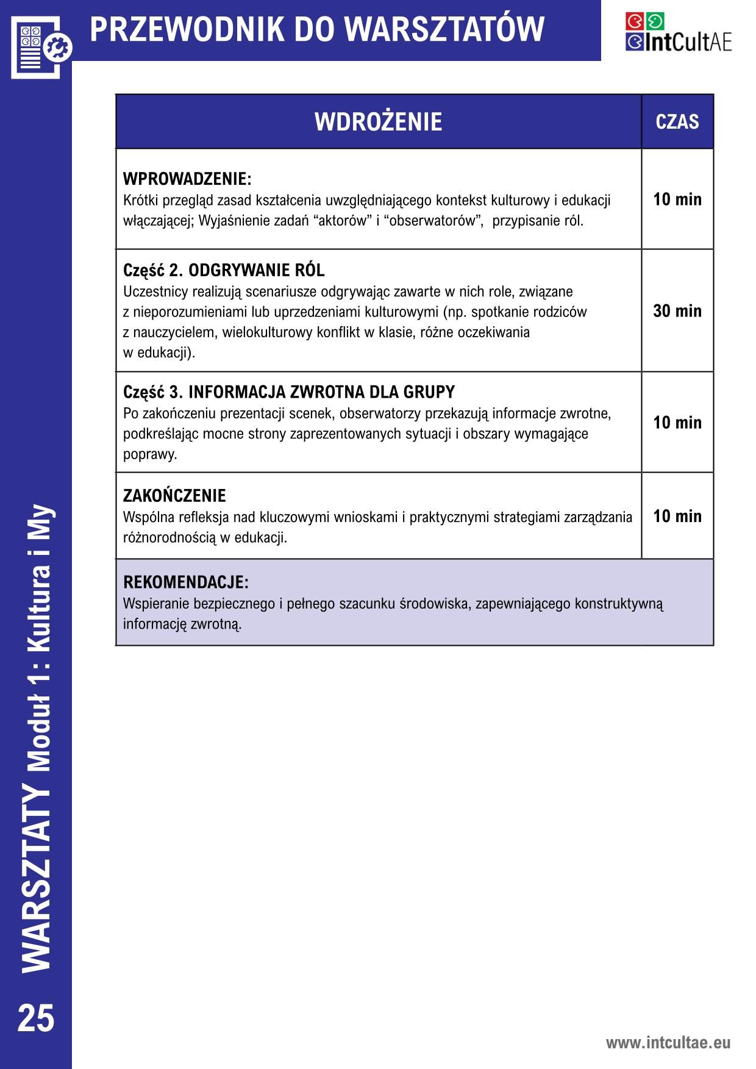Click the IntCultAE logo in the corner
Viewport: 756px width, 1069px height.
[x=678, y=32]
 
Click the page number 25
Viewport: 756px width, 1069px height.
[x=36, y=1019]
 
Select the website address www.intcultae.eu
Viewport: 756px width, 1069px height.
[x=668, y=1042]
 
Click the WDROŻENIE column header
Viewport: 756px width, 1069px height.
[x=378, y=122]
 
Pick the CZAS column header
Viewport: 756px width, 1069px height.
[x=677, y=122]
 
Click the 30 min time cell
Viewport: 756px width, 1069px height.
[x=677, y=311]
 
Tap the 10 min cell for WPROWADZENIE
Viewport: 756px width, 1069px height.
[x=677, y=199]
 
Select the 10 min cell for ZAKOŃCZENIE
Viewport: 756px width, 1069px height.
[x=677, y=516]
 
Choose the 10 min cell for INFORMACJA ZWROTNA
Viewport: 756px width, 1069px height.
[x=677, y=423]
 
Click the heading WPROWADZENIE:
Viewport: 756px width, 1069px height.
[x=187, y=179]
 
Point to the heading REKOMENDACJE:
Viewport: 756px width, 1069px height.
[x=186, y=582]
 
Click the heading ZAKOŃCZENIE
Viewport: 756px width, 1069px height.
[x=174, y=495]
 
